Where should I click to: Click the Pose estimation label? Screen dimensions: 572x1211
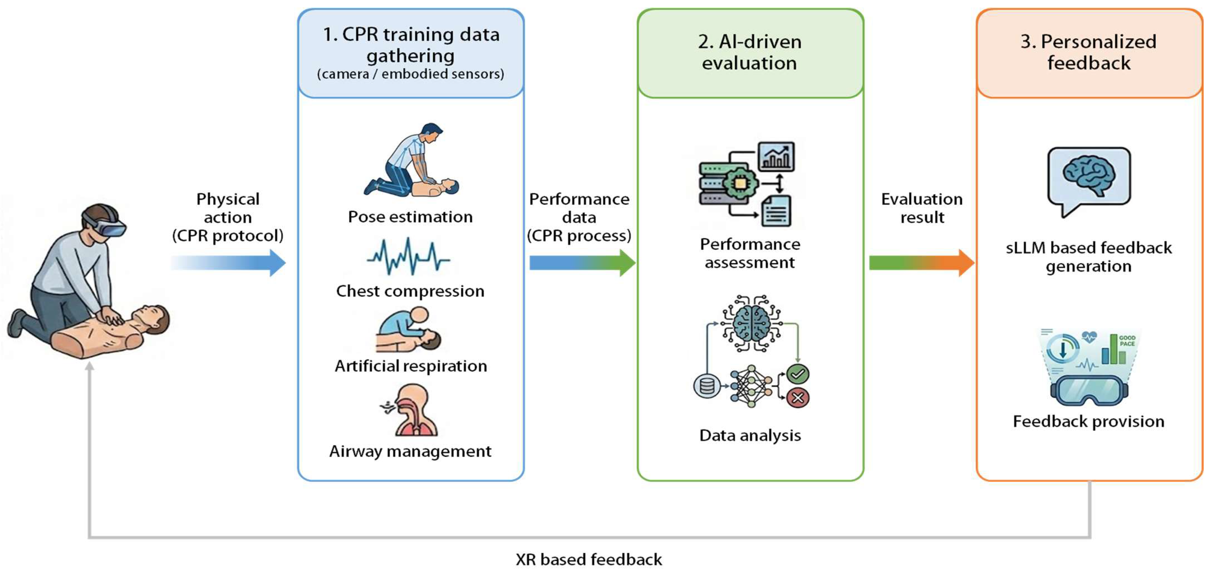(x=410, y=217)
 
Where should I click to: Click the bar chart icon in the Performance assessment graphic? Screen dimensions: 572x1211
(x=776, y=157)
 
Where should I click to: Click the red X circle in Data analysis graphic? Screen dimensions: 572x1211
(x=798, y=398)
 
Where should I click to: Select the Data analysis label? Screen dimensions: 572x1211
(x=750, y=435)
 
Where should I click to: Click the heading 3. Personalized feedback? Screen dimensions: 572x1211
(x=1089, y=52)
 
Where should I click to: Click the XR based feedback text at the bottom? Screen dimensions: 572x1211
(x=589, y=559)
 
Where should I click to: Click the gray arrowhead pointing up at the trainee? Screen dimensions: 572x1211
(x=89, y=366)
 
